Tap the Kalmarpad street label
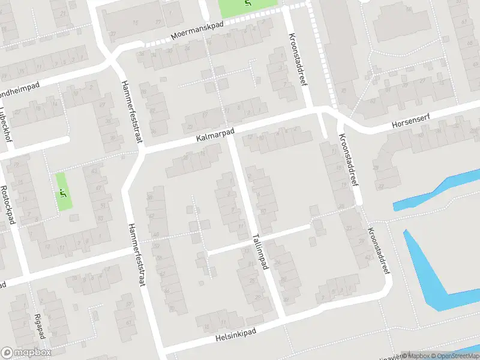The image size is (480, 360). pyautogui.click(x=215, y=134)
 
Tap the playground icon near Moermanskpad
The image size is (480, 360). pyautogui.click(x=248, y=4)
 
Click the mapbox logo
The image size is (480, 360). pyautogui.click(x=26, y=352)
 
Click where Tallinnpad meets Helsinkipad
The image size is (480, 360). pyautogui.click(x=282, y=319)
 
